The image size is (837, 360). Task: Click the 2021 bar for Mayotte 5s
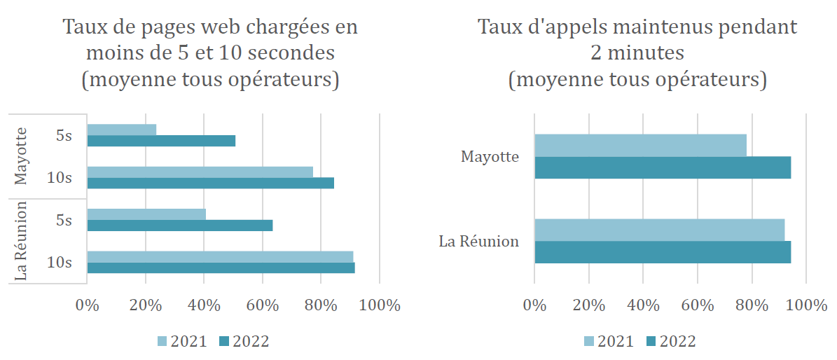point(121,130)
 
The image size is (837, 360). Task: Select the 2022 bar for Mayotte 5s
point(161,141)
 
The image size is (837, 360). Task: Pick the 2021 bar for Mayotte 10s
point(200,172)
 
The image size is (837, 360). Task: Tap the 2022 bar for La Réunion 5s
point(179,226)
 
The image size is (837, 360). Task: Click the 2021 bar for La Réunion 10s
point(220,256)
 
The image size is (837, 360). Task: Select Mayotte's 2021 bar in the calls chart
point(640,146)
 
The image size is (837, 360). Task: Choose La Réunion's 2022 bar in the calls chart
point(663,252)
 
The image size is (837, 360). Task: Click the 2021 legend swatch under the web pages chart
point(162,341)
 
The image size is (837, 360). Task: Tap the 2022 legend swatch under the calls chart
point(649,341)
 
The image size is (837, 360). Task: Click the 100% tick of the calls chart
point(806,305)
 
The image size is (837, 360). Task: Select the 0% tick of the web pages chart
point(87,305)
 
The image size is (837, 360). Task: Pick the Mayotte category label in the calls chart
point(490,156)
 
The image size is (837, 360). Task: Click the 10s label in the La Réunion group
point(59,262)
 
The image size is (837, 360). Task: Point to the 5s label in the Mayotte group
point(64,135)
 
